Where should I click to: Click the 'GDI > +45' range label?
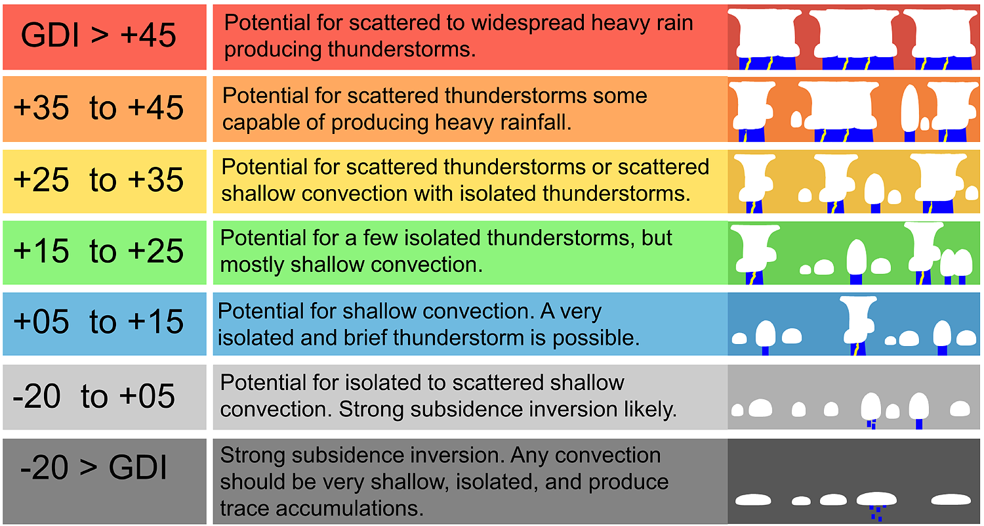[98, 35]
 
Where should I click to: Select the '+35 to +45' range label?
[98, 107]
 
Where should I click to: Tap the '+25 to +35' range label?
[98, 179]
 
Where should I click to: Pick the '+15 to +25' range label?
[98, 251]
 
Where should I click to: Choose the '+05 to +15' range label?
[98, 322]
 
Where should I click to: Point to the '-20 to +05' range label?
[94, 396]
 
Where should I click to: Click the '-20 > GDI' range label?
[94, 467]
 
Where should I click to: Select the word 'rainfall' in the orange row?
[535, 122]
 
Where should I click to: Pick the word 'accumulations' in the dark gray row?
[350, 508]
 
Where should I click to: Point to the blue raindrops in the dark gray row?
[877, 513]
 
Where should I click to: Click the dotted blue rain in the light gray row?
[872, 424]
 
